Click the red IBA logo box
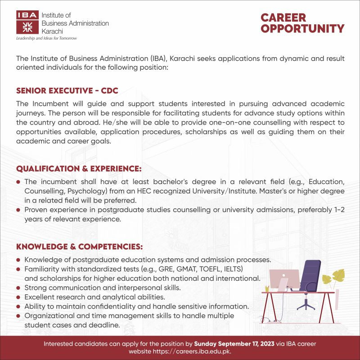(27, 22)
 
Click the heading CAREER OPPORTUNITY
(302, 23)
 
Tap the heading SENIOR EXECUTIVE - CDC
(67, 91)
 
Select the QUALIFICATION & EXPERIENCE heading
(79, 169)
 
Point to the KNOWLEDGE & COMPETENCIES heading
(80, 247)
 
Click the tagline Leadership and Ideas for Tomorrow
(46, 39)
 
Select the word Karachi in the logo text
(52, 31)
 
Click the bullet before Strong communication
(18, 288)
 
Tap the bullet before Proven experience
(18, 211)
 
